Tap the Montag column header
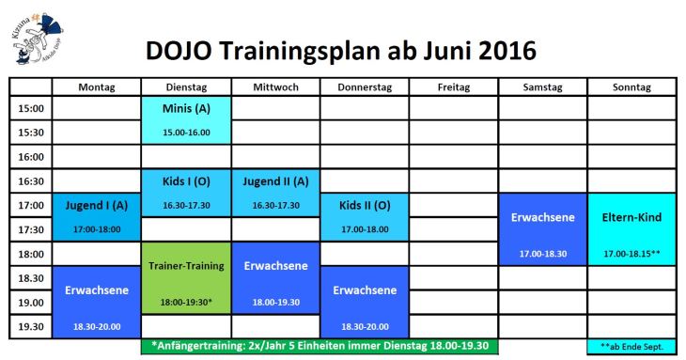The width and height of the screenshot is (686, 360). click(97, 87)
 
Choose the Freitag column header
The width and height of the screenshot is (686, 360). click(454, 87)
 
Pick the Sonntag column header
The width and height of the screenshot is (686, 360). click(631, 87)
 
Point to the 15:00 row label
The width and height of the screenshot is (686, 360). click(32, 108)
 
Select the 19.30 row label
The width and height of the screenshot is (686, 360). click(32, 326)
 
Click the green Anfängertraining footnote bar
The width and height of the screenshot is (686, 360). click(320, 346)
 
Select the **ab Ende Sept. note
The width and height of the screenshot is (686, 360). click(631, 347)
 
